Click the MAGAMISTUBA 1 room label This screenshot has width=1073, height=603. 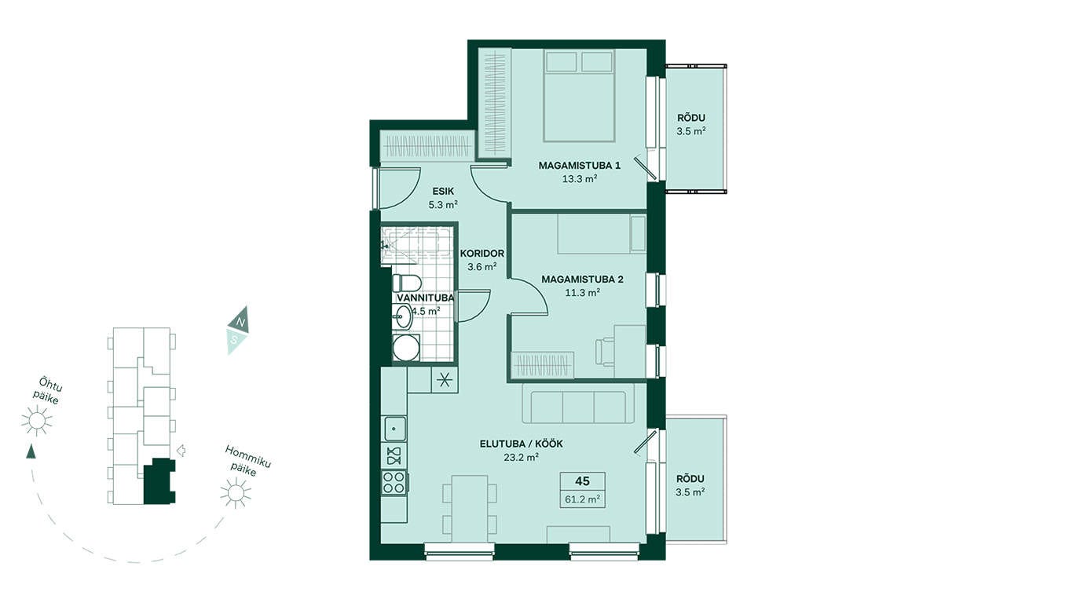tap(579, 166)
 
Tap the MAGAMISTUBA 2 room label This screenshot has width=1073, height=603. tap(582, 280)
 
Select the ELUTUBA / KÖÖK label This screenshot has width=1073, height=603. tap(521, 444)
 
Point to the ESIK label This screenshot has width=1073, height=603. tap(443, 191)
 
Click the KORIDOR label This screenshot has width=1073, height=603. tap(482, 254)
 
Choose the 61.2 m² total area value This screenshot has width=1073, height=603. tap(582, 499)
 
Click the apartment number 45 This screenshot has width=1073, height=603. tap(583, 481)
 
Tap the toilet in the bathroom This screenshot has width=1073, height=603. tap(406, 283)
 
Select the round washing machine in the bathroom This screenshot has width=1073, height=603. tap(406, 348)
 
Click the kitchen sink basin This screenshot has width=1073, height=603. tap(395, 429)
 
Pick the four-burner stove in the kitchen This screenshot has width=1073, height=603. tap(394, 482)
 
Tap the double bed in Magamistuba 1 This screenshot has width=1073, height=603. tap(579, 96)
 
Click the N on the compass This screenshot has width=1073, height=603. tap(241, 322)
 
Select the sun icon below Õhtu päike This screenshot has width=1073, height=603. tap(36, 421)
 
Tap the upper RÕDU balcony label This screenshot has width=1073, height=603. tap(690, 119)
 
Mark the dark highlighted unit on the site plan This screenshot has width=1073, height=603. tap(160, 481)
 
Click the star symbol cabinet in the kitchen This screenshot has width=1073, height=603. tap(445, 380)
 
